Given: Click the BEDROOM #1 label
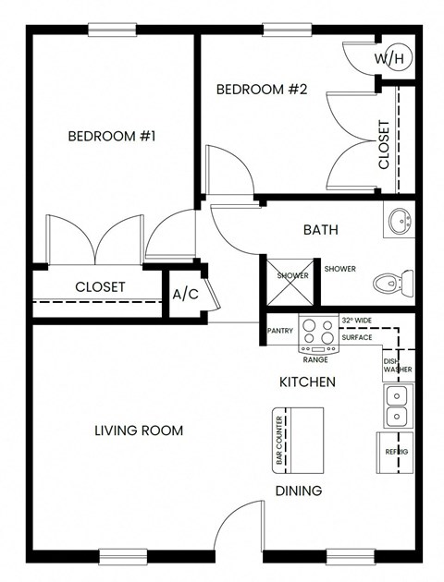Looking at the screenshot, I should click(111, 137).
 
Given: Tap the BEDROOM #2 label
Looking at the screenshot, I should click(261, 90).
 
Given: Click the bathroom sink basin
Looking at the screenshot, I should click(399, 223).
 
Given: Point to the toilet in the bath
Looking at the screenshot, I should click(395, 282).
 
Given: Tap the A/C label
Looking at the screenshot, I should click(185, 295).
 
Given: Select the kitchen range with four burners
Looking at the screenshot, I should click(319, 334).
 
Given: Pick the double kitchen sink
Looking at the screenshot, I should click(399, 406).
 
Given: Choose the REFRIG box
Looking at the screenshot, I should click(396, 452).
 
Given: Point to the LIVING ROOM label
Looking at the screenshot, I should click(139, 430).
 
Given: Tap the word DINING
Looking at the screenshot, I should click(298, 491).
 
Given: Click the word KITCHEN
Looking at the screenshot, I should click(307, 382).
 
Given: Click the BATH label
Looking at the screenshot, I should click(321, 230).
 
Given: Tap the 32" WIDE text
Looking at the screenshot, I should click(356, 321).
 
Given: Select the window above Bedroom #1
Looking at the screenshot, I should click(112, 29).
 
